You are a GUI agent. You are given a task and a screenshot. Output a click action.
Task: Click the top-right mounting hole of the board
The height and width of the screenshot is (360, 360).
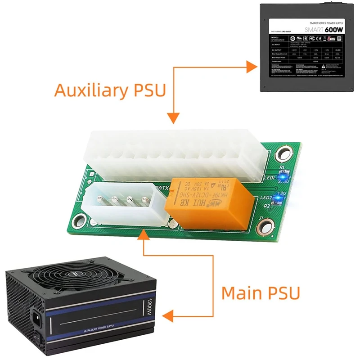tap(284, 153)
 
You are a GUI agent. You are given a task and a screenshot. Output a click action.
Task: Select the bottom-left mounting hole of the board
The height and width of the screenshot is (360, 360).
tap(81, 220)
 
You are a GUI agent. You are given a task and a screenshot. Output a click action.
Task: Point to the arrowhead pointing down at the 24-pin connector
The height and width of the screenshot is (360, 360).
tap(173, 118)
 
